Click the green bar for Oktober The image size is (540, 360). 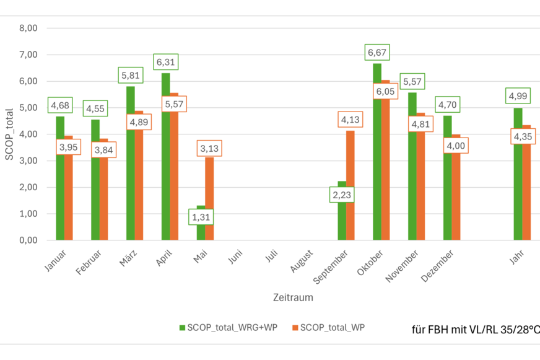pos(377,155)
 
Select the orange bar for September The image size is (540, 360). pos(351,186)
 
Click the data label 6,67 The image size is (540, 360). pos(377,53)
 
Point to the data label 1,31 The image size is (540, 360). pos(201,217)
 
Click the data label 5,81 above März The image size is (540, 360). pos(131,76)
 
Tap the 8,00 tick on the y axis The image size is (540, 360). pos(28,28)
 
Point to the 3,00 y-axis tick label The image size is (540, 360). pos(28,160)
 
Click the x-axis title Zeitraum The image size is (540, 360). pos(293,297)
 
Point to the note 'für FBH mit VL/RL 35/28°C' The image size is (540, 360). pos(474,329)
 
